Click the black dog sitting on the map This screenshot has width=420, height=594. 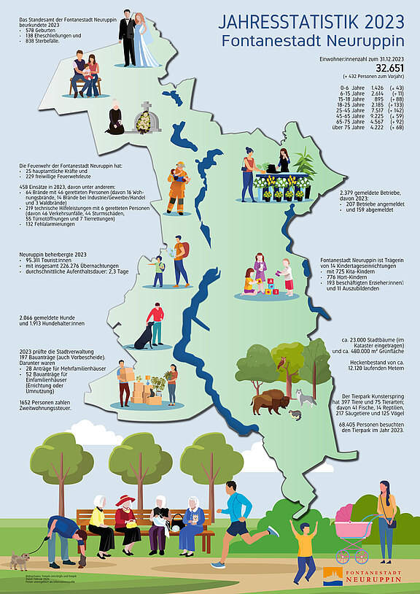(x=144, y=336)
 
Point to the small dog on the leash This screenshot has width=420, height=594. (x=20, y=560)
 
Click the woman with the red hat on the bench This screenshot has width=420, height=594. (x=126, y=520)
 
